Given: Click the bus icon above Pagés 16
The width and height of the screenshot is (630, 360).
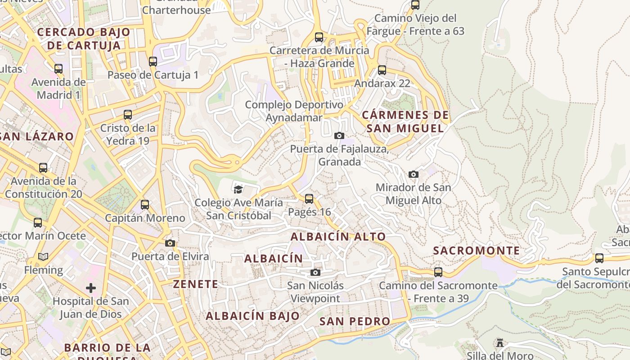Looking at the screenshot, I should pyautogui.click(x=309, y=198).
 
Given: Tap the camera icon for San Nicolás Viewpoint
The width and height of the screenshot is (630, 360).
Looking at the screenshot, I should pyautogui.click(x=315, y=272).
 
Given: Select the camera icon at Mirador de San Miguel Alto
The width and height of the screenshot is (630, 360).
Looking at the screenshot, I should pyautogui.click(x=413, y=174).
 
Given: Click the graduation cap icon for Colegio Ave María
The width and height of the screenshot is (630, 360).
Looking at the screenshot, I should pyautogui.click(x=238, y=189).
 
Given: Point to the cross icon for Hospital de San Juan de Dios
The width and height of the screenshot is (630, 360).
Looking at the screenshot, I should pyautogui.click(x=91, y=288).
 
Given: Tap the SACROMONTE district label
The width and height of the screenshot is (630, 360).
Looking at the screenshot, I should pyautogui.click(x=476, y=251).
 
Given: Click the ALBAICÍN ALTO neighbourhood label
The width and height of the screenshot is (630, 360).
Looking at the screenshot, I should pyautogui.click(x=338, y=236).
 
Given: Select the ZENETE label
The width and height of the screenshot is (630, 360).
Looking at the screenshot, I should pyautogui.click(x=196, y=284).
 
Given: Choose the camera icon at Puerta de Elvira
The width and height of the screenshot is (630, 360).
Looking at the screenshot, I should pyautogui.click(x=170, y=243).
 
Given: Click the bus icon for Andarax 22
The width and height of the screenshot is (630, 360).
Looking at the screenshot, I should pyautogui.click(x=382, y=70).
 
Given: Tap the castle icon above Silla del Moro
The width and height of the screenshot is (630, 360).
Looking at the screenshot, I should pyautogui.click(x=499, y=343).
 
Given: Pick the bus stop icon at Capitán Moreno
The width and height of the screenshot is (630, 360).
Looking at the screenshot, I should pyautogui.click(x=145, y=205).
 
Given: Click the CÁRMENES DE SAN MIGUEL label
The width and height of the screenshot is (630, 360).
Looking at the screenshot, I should pyautogui.click(x=405, y=121).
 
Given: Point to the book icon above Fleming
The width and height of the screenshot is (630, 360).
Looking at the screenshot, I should pyautogui.click(x=43, y=256).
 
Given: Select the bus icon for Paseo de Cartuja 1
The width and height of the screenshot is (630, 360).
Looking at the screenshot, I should pyautogui.click(x=153, y=61).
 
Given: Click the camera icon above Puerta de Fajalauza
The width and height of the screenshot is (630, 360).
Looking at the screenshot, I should pyautogui.click(x=339, y=135).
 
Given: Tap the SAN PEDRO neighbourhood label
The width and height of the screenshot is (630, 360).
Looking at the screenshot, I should pyautogui.click(x=355, y=321).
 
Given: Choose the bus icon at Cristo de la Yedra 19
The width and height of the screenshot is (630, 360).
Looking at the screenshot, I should pyautogui.click(x=128, y=114).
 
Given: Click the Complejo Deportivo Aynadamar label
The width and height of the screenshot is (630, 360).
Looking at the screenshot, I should pyautogui.click(x=294, y=111).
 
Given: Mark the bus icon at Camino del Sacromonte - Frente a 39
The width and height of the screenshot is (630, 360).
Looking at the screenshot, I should pyautogui.click(x=438, y=272).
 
